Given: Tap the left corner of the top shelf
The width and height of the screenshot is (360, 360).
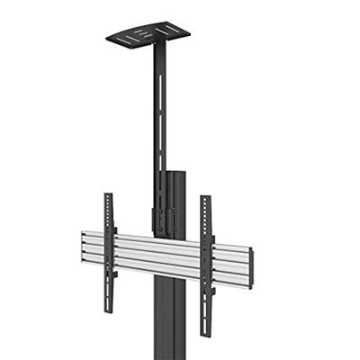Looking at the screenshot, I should tap(107, 40).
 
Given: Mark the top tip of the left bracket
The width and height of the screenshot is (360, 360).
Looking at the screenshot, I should tap(108, 194).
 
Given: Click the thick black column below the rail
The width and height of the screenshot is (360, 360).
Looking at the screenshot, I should tap(171, 319).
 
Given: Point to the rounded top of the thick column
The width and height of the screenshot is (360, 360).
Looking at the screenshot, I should tap(176, 172).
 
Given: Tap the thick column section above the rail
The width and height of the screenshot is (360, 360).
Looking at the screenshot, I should tap(178, 202).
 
